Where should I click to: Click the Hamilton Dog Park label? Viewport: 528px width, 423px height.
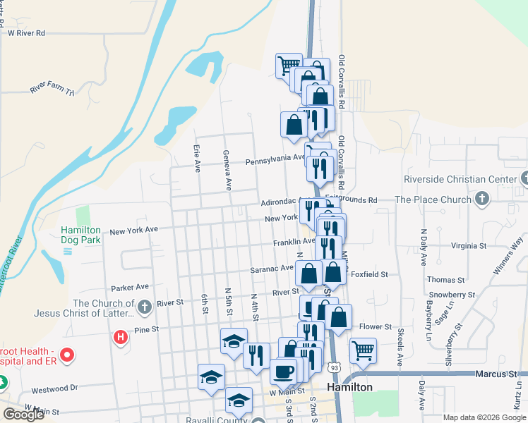click(80, 235)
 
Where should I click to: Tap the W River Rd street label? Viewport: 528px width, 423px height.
click(26, 32)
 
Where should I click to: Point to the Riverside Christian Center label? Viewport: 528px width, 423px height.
click(460, 180)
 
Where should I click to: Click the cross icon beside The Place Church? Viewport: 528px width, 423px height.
click(481, 200)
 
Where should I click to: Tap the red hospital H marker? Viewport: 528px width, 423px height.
click(121, 338)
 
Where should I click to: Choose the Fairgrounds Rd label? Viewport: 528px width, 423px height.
click(351, 200)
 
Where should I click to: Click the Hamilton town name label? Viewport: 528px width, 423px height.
click(349, 388)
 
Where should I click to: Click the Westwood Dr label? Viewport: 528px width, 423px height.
click(54, 388)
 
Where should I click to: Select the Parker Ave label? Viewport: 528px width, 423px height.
click(130, 287)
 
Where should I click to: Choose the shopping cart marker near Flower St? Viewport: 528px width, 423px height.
click(363, 349)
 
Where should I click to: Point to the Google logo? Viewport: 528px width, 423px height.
click(23, 415)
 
